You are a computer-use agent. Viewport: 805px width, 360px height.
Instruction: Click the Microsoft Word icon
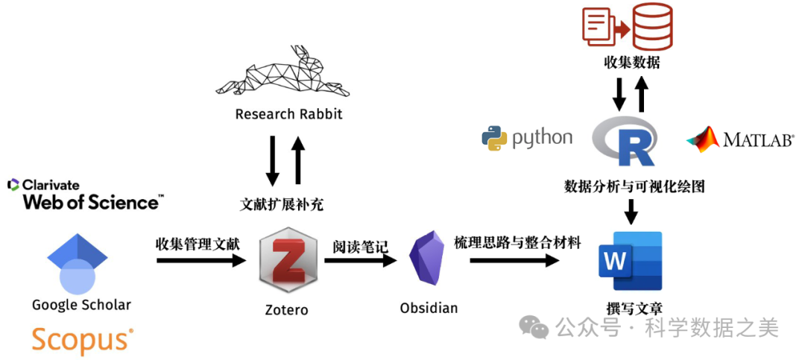tap(631, 261)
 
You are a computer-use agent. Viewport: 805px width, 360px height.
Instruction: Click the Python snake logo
tap(494, 138)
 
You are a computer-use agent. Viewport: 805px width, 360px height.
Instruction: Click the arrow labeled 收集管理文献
tap(201, 261)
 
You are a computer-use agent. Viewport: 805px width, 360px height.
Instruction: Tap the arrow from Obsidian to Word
tap(514, 261)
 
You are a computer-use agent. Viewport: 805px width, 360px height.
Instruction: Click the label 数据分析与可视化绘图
tap(634, 186)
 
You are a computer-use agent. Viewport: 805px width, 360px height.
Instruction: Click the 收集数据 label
tap(631, 63)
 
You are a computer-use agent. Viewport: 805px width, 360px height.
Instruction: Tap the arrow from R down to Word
tap(631, 212)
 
